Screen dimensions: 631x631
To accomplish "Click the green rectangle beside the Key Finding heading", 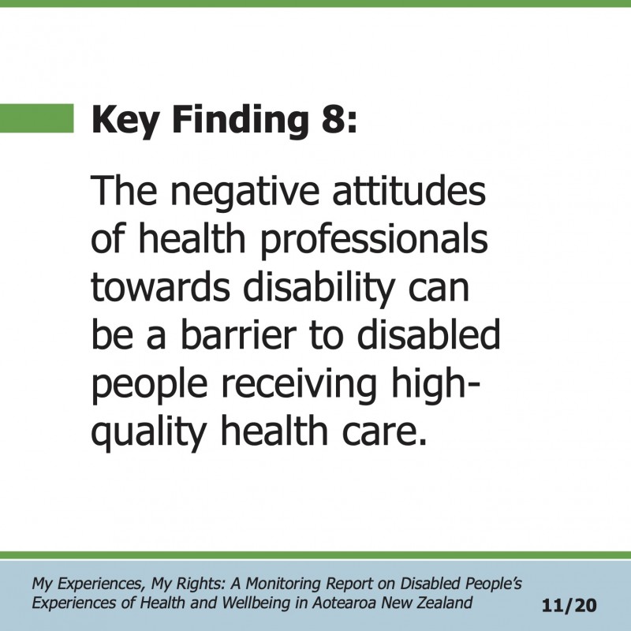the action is click(x=36, y=118).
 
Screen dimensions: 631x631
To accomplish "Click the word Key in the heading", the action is click(x=125, y=121).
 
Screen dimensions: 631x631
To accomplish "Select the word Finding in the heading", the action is click(x=241, y=121).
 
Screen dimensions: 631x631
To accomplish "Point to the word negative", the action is click(x=245, y=192).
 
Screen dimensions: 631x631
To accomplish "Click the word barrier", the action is click(x=238, y=334).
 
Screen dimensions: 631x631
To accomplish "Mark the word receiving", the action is click(x=300, y=383).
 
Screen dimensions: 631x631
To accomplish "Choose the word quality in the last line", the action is click(x=148, y=433).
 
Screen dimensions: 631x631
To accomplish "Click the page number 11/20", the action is click(x=569, y=605).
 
